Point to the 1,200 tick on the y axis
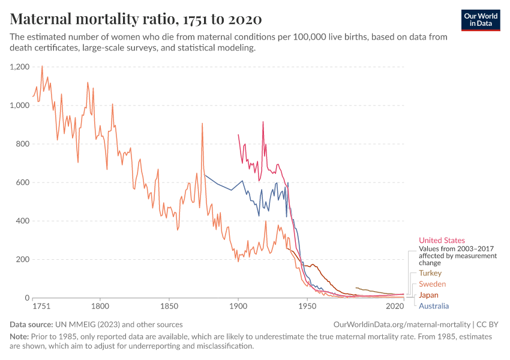pyautogui.click(x=20, y=67)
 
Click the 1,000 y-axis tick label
pyautogui.click(x=20, y=106)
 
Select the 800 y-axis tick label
pyautogui.click(x=23, y=144)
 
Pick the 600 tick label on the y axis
pyautogui.click(x=23, y=182)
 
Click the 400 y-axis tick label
pyautogui.click(x=23, y=221)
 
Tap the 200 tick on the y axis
pyautogui.click(x=23, y=259)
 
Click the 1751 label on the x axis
pyautogui.click(x=41, y=307)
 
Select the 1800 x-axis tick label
pyautogui.click(x=100, y=307)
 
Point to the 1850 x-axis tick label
pyautogui.click(x=169, y=307)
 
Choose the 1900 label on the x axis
pyautogui.click(x=239, y=307)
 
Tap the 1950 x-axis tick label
pyautogui.click(x=308, y=307)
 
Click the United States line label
pyautogui.click(x=442, y=241)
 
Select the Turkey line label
pyautogui.click(x=430, y=273)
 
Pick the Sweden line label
pyautogui.click(x=432, y=284)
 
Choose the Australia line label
pyautogui.click(x=434, y=306)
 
